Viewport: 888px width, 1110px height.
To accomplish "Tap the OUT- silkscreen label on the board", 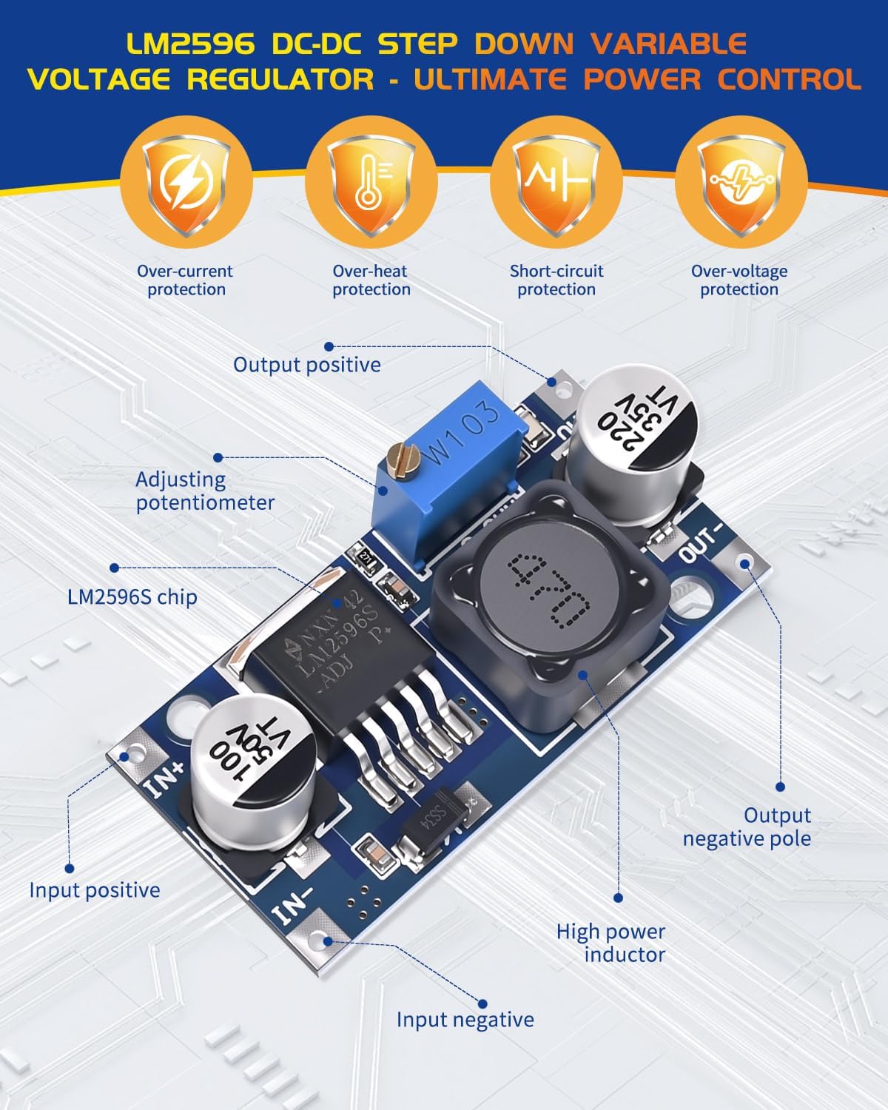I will tap(699, 544).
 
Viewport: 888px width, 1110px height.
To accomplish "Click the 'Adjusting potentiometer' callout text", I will tap(205, 491).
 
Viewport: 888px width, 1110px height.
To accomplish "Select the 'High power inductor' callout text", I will tap(611, 943).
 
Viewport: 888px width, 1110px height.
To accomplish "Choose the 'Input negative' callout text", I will tap(465, 1020).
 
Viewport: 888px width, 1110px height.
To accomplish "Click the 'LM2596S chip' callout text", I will tap(132, 596).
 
